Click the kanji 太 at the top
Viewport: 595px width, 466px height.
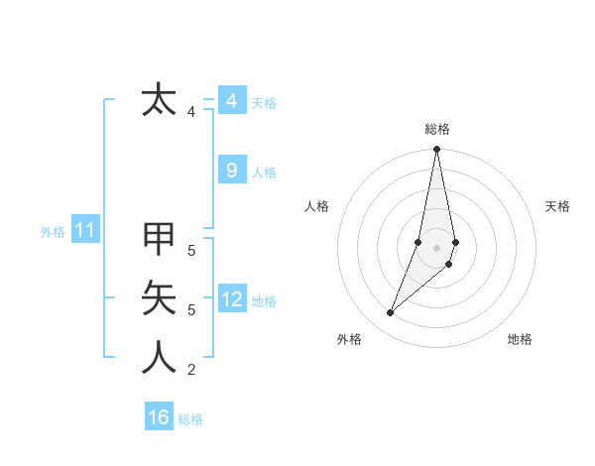[159, 100]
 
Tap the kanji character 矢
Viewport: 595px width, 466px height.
[159, 298]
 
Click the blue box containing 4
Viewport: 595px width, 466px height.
[231, 101]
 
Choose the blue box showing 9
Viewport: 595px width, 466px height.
[231, 171]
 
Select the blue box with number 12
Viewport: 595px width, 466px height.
[231, 298]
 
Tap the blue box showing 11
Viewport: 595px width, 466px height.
[85, 231]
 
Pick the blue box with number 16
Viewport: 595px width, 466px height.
[159, 417]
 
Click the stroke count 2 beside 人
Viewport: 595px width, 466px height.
[191, 370]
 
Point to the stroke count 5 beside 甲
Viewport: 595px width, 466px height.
[191, 251]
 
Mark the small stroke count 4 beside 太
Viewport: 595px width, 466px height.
[191, 112]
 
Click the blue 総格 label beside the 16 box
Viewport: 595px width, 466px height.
[190, 419]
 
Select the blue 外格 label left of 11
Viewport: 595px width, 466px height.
[53, 232]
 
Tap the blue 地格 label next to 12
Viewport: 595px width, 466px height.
[264, 300]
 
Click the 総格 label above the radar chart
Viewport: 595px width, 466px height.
[437, 129]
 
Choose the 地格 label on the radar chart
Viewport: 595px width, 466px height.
[520, 339]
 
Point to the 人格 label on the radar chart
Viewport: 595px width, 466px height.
[317, 206]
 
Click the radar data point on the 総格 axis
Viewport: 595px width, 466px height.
[436, 150]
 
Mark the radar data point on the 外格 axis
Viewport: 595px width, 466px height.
[390, 313]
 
